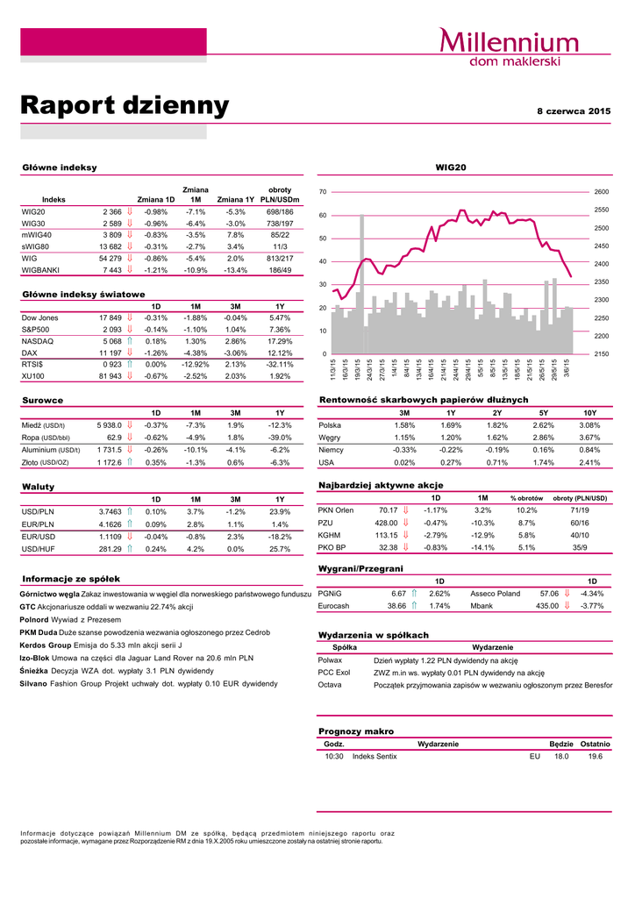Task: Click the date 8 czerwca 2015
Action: click(574, 111)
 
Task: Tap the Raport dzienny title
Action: click(125, 106)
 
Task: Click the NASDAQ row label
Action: click(37, 340)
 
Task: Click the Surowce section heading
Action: click(42, 400)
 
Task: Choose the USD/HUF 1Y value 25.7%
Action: click(280, 549)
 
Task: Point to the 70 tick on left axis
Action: click(324, 192)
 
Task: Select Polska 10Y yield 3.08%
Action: click(589, 425)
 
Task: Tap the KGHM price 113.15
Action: click(386, 534)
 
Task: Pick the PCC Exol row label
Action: click(334, 672)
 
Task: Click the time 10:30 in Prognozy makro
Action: click(333, 756)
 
